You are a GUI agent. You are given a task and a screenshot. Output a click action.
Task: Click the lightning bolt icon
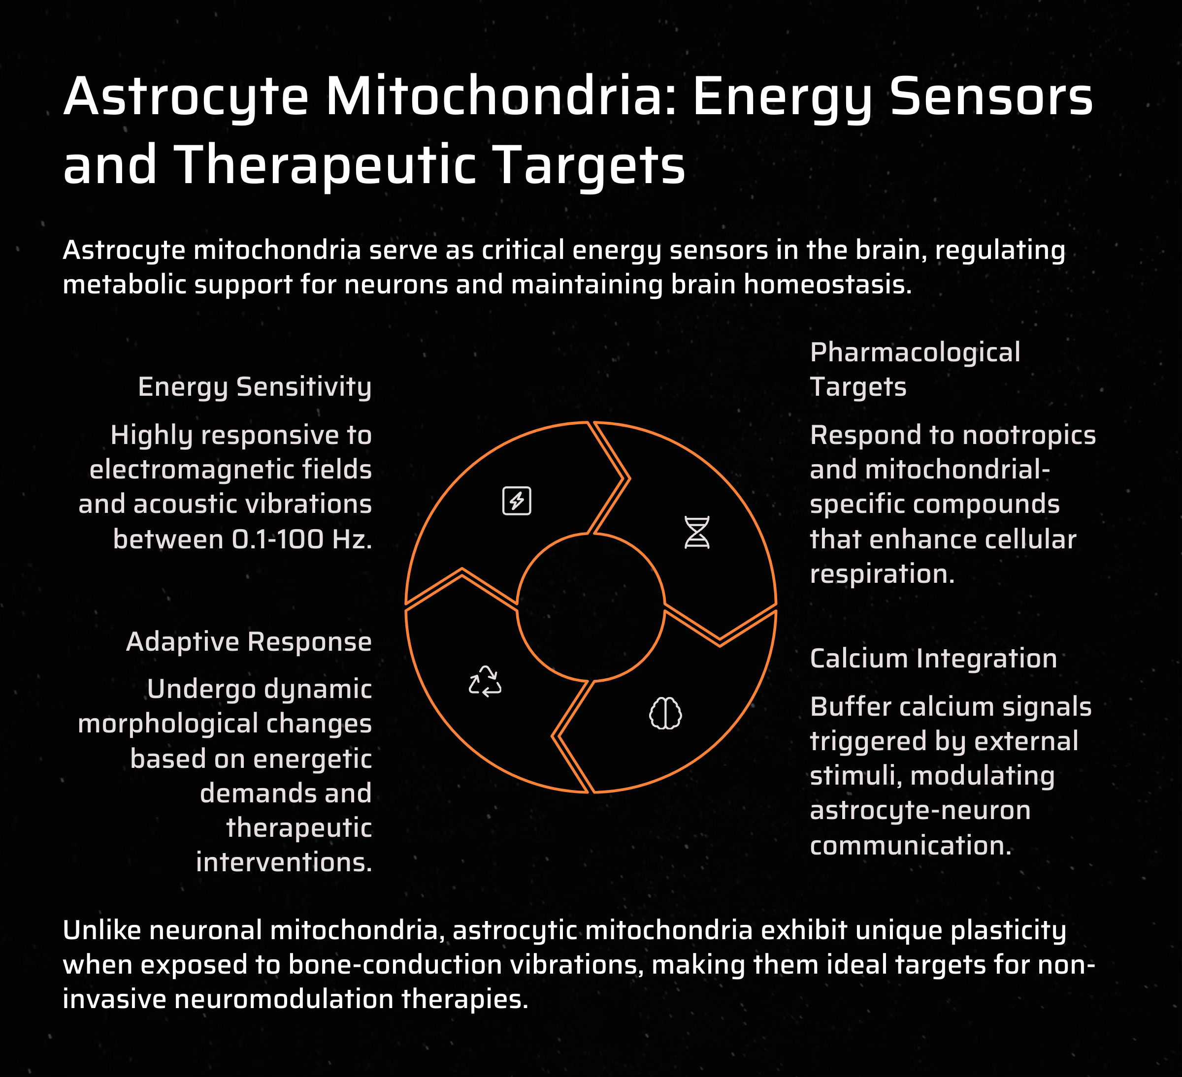(517, 501)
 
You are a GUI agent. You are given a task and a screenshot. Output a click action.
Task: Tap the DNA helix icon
(697, 532)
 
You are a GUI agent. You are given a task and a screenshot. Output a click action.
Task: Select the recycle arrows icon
(485, 681)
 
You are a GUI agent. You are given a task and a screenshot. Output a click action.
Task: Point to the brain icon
(665, 713)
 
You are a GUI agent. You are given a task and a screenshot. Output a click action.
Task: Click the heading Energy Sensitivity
(255, 387)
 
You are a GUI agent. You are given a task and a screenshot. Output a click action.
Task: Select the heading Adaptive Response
(249, 642)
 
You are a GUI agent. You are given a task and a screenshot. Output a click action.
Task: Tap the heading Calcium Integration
(933, 659)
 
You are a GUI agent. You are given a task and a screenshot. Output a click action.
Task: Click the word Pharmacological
(915, 352)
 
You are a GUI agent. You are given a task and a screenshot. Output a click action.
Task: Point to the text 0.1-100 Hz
(302, 539)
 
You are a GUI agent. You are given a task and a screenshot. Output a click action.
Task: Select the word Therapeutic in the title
(326, 165)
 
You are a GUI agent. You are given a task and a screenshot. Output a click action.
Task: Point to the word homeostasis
(828, 285)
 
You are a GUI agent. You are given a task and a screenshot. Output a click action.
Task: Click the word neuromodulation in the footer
(284, 999)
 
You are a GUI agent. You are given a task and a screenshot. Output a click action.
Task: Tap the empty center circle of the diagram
(591, 607)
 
